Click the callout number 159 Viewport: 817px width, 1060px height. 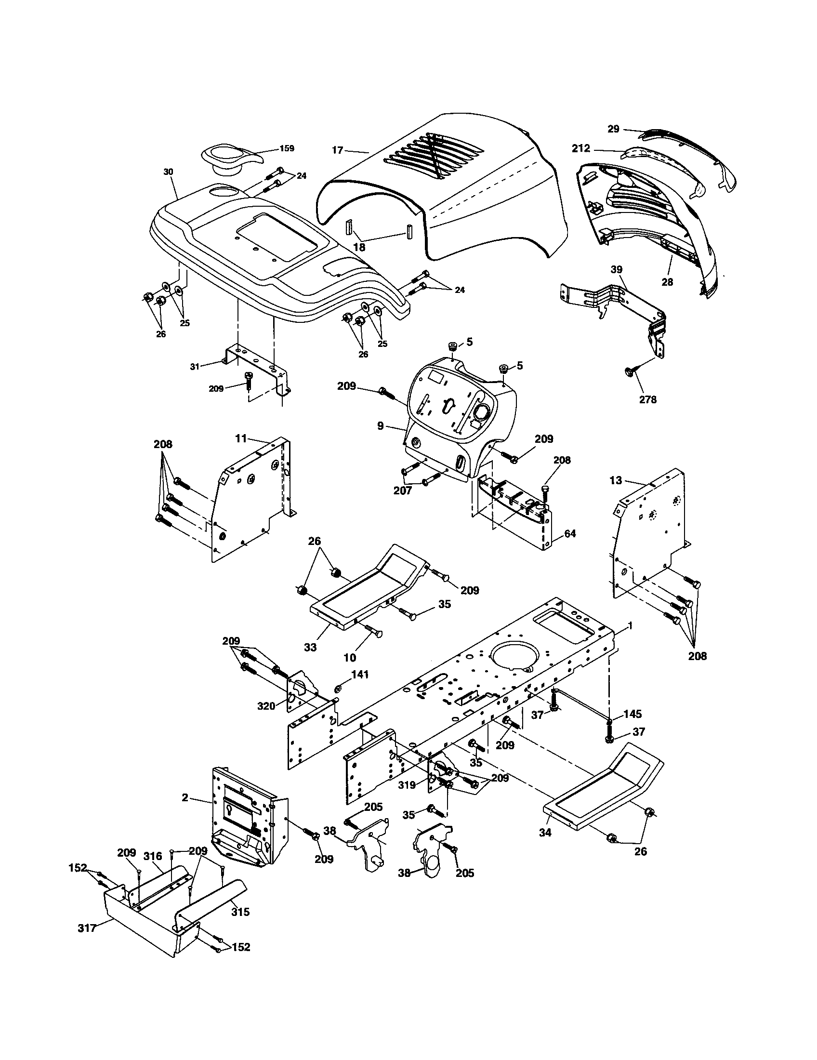[287, 148]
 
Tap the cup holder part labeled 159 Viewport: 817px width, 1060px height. [224, 158]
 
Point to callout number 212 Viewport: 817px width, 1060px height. [581, 148]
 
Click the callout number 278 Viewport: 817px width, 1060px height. [648, 399]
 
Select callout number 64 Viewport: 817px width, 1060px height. [570, 533]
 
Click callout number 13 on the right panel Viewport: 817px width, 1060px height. [616, 480]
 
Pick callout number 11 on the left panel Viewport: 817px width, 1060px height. [241, 439]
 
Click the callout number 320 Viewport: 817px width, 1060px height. [266, 706]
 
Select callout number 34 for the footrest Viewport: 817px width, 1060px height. [545, 833]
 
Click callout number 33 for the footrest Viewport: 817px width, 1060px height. [311, 647]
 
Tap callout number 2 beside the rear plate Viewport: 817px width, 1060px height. [185, 797]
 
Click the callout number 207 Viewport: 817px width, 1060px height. [403, 490]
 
